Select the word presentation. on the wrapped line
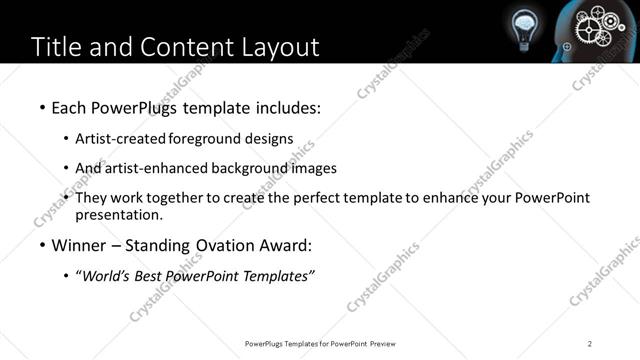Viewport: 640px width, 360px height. point(118,214)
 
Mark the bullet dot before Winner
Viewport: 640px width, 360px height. point(41,244)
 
